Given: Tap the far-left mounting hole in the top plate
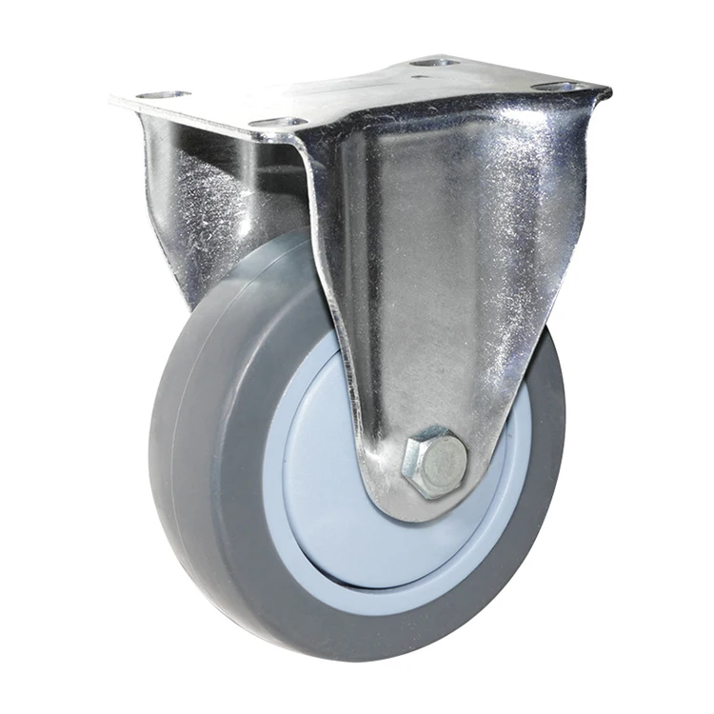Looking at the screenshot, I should click(163, 96).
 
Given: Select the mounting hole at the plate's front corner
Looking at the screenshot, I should click(278, 123).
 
